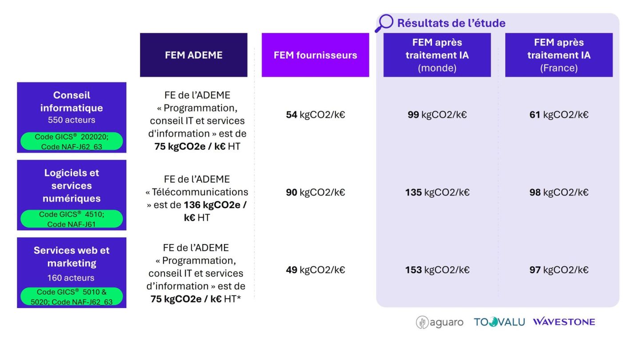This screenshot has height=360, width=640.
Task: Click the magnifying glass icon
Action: (x=384, y=23)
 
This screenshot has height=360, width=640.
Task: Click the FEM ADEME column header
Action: (x=194, y=55)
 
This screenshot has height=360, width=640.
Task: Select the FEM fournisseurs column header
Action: (x=316, y=55)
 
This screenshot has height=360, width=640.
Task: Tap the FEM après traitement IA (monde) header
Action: (x=437, y=55)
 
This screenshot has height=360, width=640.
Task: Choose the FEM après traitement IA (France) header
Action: (x=559, y=55)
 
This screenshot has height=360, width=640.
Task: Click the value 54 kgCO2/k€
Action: (x=316, y=115)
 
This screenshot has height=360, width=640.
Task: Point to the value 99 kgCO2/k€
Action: (x=437, y=115)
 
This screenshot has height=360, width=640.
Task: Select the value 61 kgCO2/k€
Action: (x=559, y=115)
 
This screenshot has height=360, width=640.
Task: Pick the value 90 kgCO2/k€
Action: (x=316, y=192)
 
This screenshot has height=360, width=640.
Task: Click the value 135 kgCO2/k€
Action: (x=437, y=192)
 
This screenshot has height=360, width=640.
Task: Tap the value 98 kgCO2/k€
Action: (x=559, y=192)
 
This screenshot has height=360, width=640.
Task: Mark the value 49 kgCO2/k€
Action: (x=316, y=270)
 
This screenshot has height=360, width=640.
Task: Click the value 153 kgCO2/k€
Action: (x=437, y=270)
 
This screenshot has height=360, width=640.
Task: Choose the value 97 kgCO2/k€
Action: (x=559, y=270)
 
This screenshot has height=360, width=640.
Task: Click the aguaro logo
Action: (x=440, y=322)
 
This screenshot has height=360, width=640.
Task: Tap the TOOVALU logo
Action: (x=500, y=322)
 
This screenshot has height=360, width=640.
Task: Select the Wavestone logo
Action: (x=564, y=322)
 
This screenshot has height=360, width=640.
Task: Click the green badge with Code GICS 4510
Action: (x=72, y=219)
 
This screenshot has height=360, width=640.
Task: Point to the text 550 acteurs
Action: (x=72, y=120)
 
